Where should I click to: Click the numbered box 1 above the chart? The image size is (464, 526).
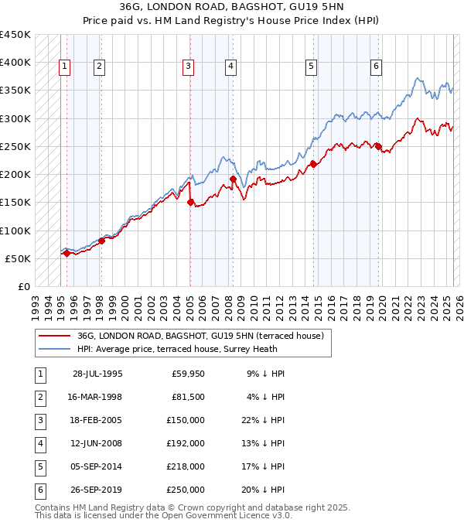(x=64, y=67)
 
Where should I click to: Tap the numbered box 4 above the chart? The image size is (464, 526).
(x=230, y=67)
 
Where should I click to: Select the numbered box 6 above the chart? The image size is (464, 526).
(x=376, y=67)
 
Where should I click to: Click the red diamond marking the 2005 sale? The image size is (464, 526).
(x=190, y=203)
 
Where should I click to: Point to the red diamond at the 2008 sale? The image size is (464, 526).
(x=233, y=179)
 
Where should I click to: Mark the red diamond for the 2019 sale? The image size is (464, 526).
(x=378, y=146)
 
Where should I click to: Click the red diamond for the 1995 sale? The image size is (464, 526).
(x=67, y=253)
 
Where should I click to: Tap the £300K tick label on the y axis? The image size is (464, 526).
(x=15, y=118)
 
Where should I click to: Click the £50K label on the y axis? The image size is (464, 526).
(x=19, y=258)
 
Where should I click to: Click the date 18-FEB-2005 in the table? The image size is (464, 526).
(x=97, y=422)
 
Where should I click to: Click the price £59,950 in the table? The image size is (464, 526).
(x=188, y=374)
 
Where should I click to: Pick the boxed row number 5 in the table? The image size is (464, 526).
(x=39, y=466)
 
